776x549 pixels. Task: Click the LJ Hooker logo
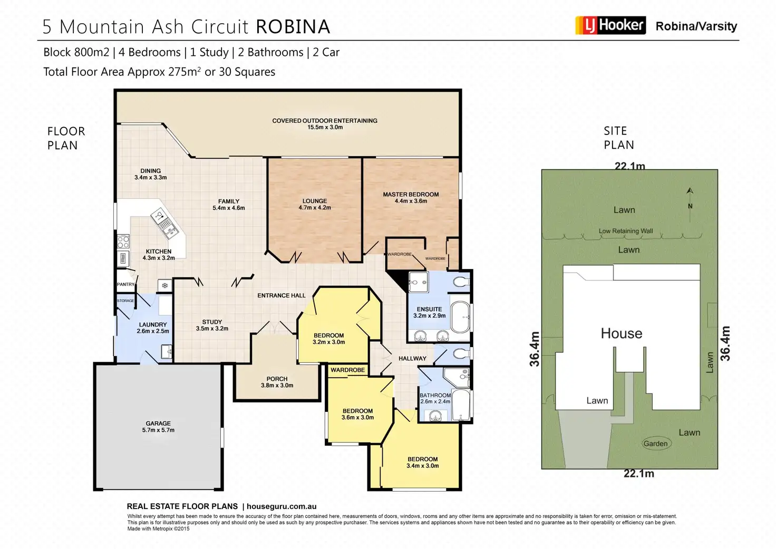coord(610,25)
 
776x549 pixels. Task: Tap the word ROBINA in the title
coord(293,27)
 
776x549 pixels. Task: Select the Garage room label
coord(158,427)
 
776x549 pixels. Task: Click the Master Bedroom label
coord(411,197)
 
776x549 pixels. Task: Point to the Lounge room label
coord(315,204)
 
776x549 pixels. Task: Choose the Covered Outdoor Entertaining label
coord(325,123)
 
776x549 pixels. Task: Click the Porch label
coord(277,382)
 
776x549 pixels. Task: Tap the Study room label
coord(212,325)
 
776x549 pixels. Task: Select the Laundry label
coord(153,328)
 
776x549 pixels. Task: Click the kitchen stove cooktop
coord(123,242)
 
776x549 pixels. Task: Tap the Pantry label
coord(125,284)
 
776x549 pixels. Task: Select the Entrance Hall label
coord(282,295)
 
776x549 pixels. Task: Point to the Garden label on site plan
coord(655,444)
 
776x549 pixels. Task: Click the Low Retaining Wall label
coord(625,231)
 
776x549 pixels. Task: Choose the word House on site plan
coord(622,333)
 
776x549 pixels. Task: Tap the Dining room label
coord(150,174)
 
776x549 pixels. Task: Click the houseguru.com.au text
coord(281,506)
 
